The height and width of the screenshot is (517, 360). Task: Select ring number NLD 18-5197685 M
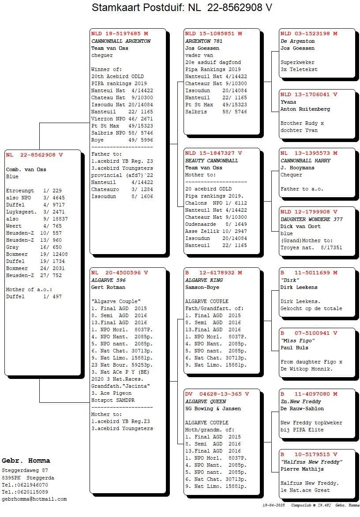pyautogui.click(x=120, y=34)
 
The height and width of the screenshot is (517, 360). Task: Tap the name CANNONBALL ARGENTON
pyautogui.click(x=121, y=41)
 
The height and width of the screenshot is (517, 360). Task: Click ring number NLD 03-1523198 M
pyautogui.click(x=309, y=34)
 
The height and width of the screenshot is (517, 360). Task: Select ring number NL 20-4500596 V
pyautogui.click(x=120, y=273)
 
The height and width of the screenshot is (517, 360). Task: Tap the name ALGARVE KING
pyautogui.click(x=204, y=280)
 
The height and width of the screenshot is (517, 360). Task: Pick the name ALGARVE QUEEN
pyautogui.click(x=206, y=401)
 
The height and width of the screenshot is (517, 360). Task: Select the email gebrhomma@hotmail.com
pyautogui.click(x=34, y=499)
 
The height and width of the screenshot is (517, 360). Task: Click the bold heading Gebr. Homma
pyautogui.click(x=26, y=461)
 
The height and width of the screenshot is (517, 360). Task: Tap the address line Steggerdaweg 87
pyautogui.click(x=25, y=471)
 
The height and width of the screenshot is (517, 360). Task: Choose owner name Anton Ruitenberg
pyautogui.click(x=305, y=109)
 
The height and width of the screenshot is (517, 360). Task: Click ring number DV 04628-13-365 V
pyautogui.click(x=217, y=394)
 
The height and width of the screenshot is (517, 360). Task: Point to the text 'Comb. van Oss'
pyautogui.click(x=26, y=169)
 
